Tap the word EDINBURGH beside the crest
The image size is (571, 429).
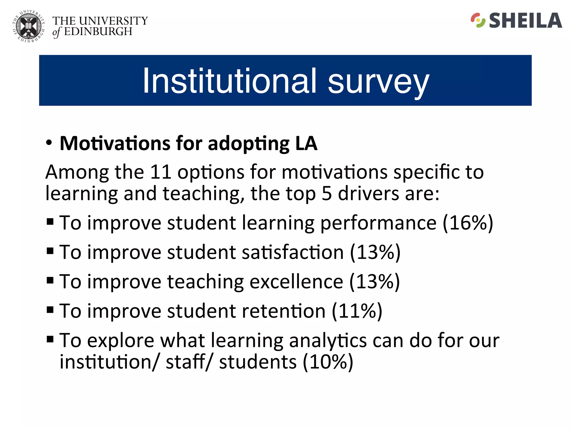[98, 32]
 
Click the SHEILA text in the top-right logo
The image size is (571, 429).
[525, 21]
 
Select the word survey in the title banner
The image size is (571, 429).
[378, 82]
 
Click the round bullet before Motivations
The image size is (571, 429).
[49, 142]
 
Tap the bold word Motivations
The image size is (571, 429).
[115, 143]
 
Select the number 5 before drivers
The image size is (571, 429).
[326, 193]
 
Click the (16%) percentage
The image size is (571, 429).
[468, 223]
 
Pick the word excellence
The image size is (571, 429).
[296, 282]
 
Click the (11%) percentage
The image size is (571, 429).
[357, 311]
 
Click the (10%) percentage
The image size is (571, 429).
[328, 362]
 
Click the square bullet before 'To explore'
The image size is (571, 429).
[50, 339]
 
